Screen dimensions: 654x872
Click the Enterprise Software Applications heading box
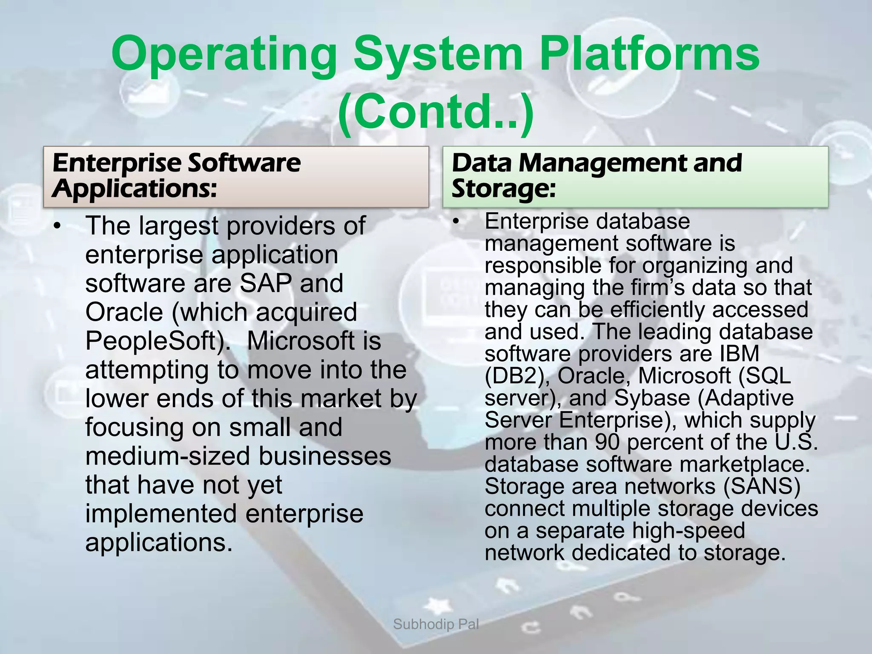tap(235, 177)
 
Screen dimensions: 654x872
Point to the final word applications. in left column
tap(159, 543)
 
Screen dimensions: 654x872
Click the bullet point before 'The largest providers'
tap(59, 226)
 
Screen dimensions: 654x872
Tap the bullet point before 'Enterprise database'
tap(457, 221)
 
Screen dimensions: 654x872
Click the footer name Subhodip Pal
tap(436, 625)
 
